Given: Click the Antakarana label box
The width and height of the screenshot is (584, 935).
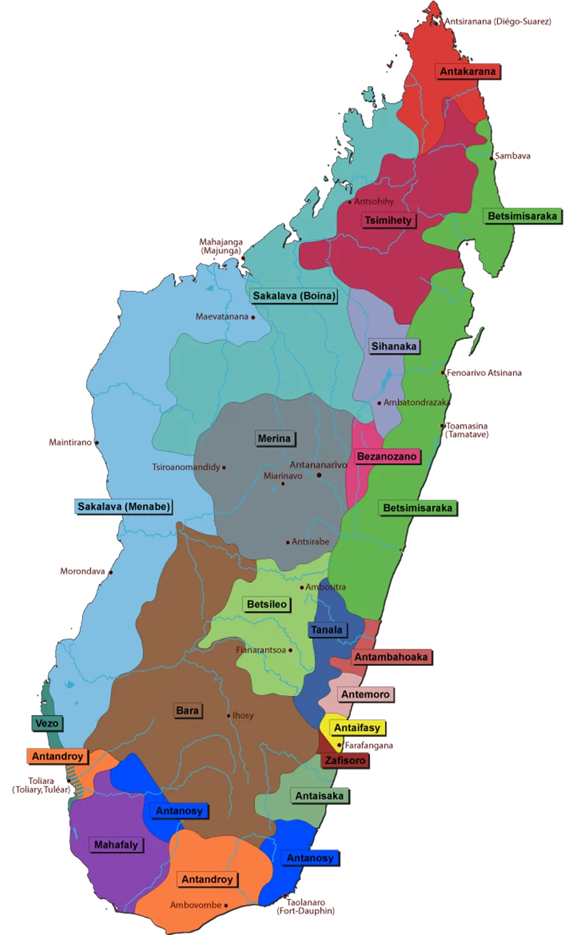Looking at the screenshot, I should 467,72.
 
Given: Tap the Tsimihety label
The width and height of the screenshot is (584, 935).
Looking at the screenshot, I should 388,220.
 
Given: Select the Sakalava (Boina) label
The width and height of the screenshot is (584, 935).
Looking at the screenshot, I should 294,296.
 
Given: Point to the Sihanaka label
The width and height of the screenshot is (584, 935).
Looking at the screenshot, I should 394,347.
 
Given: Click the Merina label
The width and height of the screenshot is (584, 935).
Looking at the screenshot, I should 274,439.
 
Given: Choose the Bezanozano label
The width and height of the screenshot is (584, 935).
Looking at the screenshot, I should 386,457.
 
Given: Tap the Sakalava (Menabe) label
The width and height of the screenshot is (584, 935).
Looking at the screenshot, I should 123,507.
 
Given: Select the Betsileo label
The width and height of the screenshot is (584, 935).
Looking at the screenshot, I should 267,605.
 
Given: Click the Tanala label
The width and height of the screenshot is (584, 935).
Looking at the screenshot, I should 327,630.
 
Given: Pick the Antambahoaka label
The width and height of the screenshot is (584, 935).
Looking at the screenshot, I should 391,657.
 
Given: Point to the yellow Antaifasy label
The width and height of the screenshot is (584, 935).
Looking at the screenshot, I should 357,728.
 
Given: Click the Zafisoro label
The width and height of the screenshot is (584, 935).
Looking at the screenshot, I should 345,760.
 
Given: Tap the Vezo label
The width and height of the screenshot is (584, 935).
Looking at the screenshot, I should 47,724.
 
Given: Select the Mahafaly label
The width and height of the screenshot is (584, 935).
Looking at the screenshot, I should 116,845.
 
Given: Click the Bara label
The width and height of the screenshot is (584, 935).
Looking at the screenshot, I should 187,711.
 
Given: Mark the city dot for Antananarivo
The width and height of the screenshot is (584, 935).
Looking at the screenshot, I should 319,476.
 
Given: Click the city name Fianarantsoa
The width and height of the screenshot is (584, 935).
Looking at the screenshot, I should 261,650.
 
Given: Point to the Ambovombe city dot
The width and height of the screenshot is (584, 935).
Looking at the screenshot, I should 226,906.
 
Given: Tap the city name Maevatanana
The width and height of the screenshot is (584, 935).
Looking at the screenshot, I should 222,317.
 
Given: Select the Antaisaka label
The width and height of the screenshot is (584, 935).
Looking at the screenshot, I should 319,796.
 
